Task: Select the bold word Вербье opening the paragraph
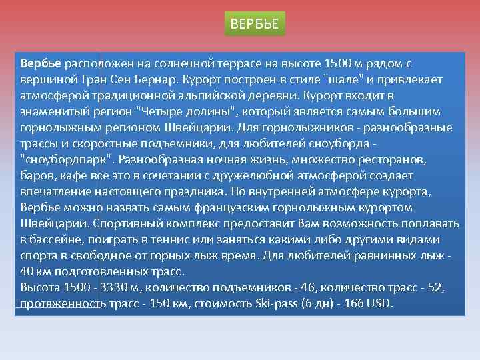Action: (41, 64)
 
